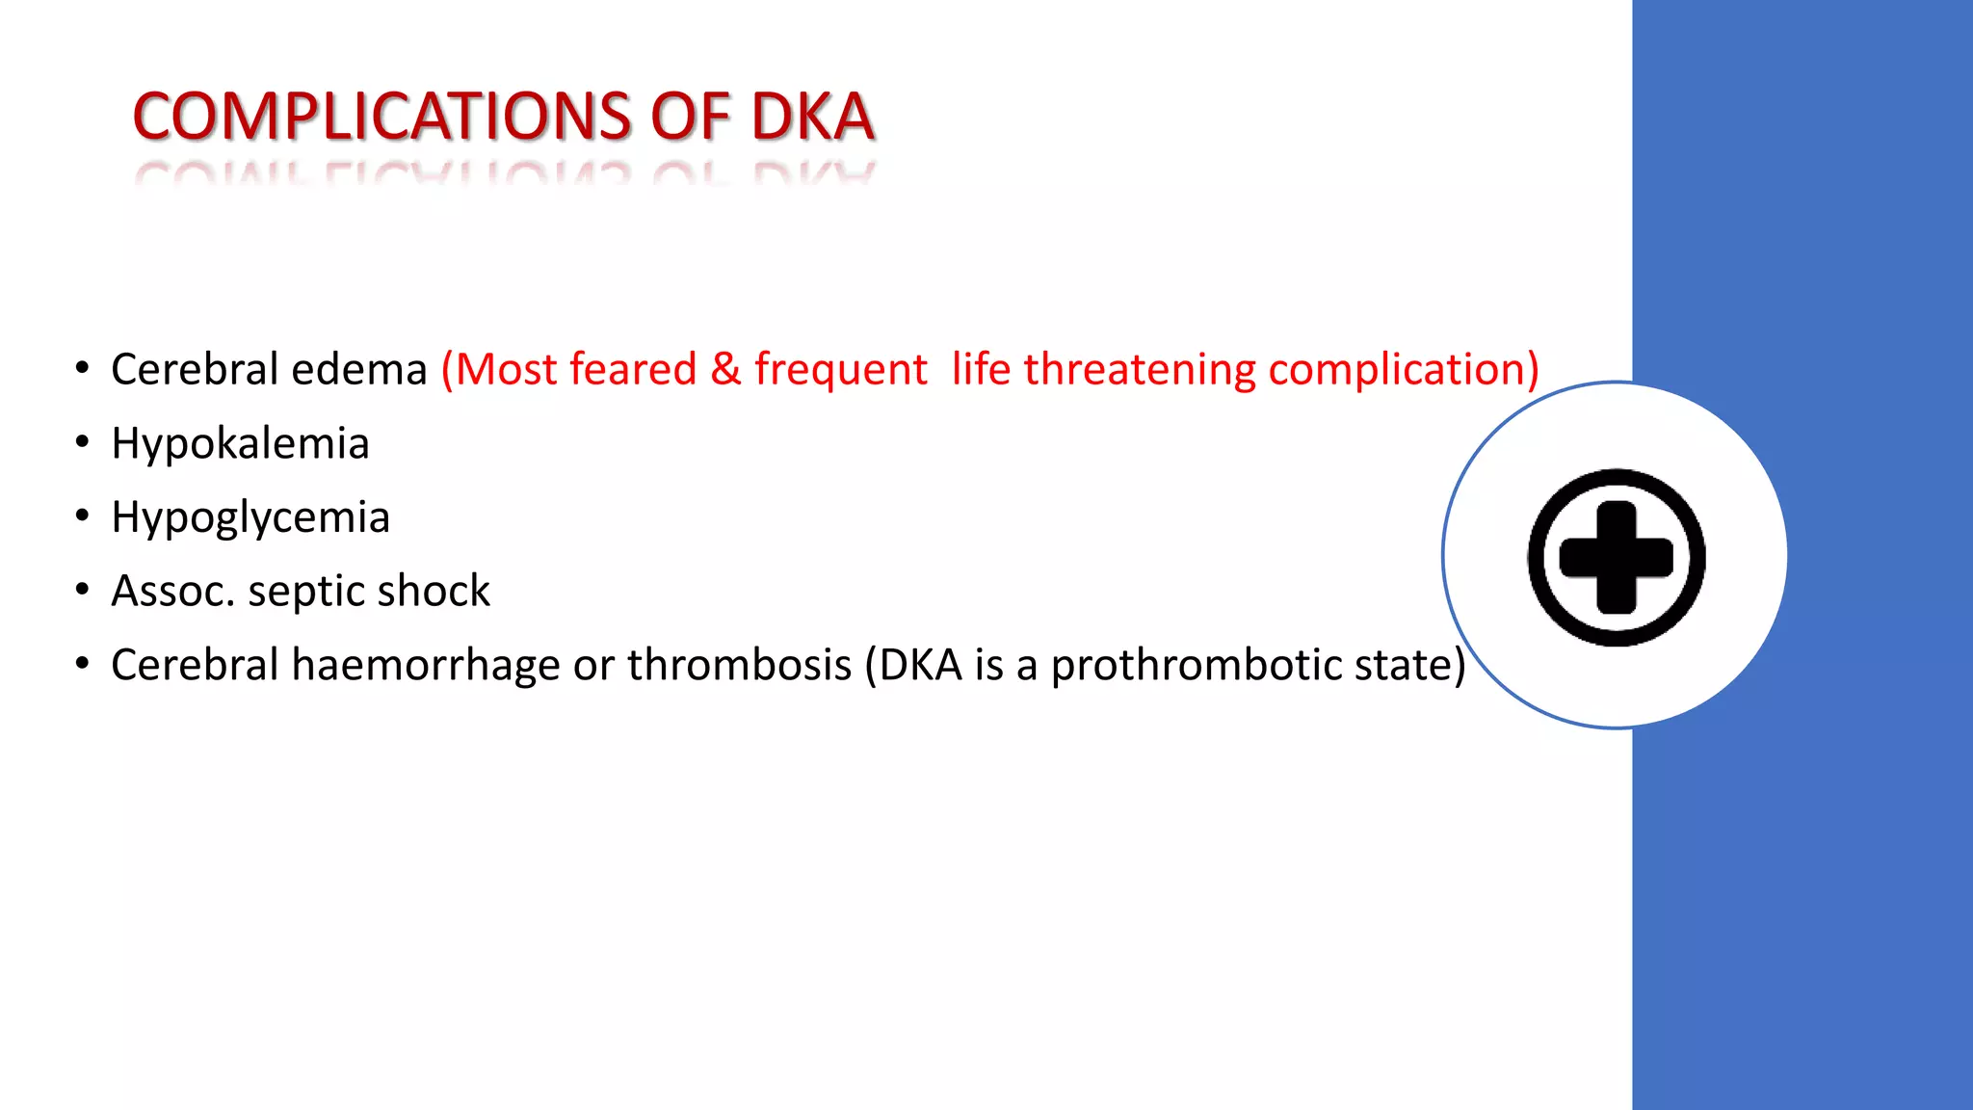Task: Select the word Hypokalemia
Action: (x=240, y=444)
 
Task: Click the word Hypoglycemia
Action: (x=250, y=518)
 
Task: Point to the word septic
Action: (x=305, y=592)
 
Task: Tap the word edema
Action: (x=359, y=370)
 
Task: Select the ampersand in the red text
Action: (x=725, y=370)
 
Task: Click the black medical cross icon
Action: (x=1616, y=557)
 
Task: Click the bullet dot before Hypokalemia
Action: (x=83, y=442)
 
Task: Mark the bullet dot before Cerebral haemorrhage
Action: (x=83, y=664)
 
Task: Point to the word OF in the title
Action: (x=691, y=117)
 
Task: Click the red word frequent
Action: (x=840, y=370)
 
